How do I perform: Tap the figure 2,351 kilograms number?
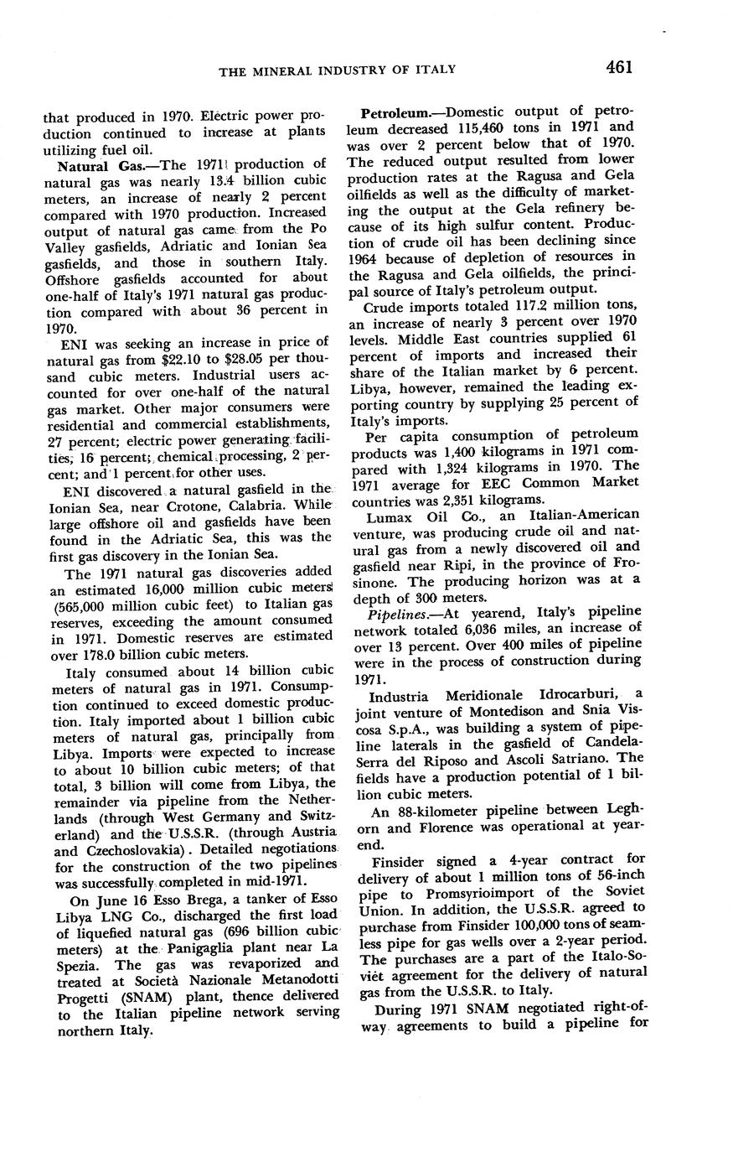(x=458, y=498)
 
